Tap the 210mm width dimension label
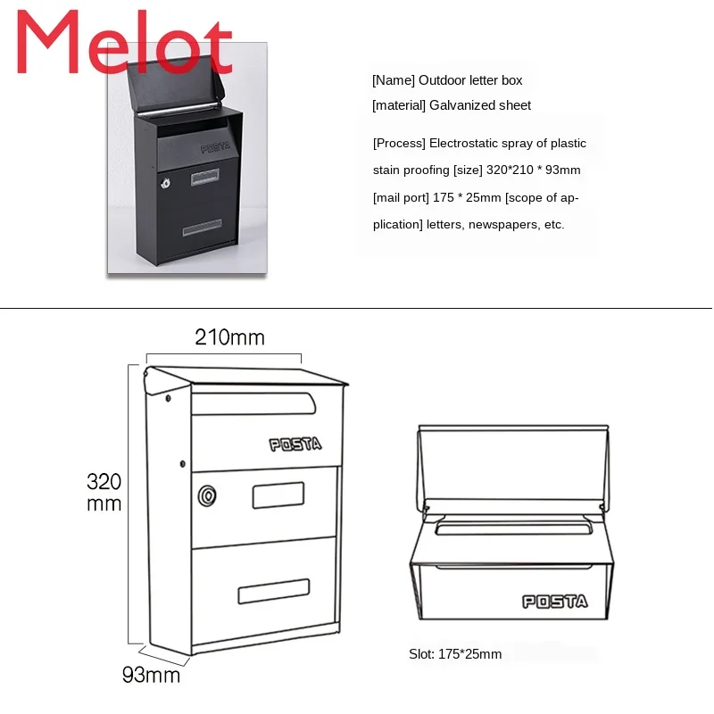(x=229, y=337)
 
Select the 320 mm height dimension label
(x=104, y=493)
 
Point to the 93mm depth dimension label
(x=151, y=675)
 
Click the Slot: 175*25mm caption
(x=455, y=654)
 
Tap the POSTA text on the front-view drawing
(x=295, y=444)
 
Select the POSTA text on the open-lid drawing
(x=554, y=602)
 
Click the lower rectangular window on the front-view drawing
(x=273, y=591)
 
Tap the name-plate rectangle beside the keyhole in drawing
(x=278, y=494)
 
